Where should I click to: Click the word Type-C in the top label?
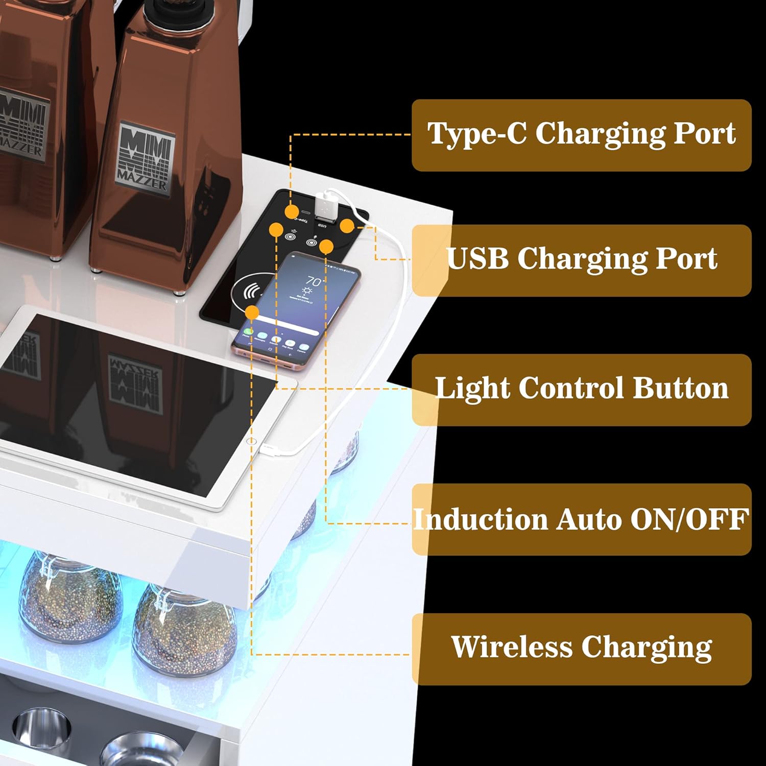(x=477, y=134)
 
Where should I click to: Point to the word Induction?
(x=481, y=519)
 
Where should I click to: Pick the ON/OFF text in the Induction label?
(x=689, y=519)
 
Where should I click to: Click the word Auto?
(x=588, y=519)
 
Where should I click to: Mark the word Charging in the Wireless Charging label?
(x=647, y=648)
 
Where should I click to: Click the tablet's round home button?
(x=251, y=440)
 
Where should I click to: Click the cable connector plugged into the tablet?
(x=269, y=449)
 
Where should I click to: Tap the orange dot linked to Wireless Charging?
(x=252, y=313)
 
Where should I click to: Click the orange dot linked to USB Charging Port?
(x=347, y=226)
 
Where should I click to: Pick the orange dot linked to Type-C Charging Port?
(x=292, y=211)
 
